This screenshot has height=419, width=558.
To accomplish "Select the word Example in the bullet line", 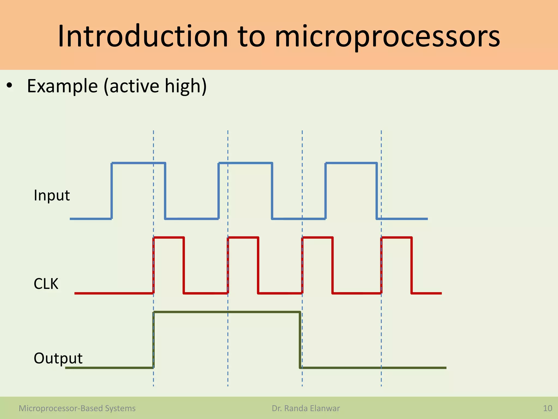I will coord(62,86).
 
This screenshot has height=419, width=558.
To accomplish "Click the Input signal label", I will coord(52,195).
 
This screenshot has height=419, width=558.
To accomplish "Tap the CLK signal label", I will coord(46,284).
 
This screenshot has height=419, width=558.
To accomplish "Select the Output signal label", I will coord(58,358).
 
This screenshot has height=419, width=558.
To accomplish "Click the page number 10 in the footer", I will coord(547,408).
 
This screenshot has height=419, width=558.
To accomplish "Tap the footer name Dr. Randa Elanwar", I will coord(306,408).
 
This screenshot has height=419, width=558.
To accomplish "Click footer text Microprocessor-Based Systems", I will coord(77,408).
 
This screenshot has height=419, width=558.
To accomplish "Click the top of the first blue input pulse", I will coord(138,163).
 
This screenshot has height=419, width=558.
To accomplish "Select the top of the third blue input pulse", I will coord(351,163).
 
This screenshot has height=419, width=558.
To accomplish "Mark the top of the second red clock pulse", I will coord(243,238).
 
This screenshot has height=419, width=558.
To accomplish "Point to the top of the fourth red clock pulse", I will coord(396,238).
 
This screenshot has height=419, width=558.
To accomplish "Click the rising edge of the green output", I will coord(154,340).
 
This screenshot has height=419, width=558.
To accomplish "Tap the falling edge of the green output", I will coord(300,340).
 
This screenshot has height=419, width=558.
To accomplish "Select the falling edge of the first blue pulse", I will coord(165,191).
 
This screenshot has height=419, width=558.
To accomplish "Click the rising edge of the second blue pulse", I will coord(219,191).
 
